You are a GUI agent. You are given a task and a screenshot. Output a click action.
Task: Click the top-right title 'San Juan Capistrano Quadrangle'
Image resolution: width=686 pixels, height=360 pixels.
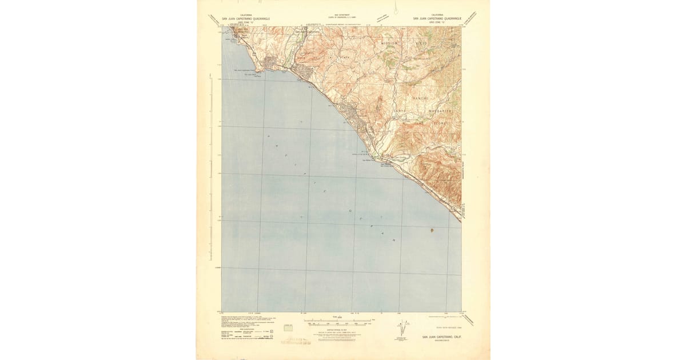pos(437,18)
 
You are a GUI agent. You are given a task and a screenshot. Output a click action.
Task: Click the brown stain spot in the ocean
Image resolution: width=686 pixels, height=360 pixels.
pos(432,230)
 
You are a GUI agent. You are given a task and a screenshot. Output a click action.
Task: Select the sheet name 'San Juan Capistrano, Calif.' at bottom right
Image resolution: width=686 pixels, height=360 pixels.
pos(442,337)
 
